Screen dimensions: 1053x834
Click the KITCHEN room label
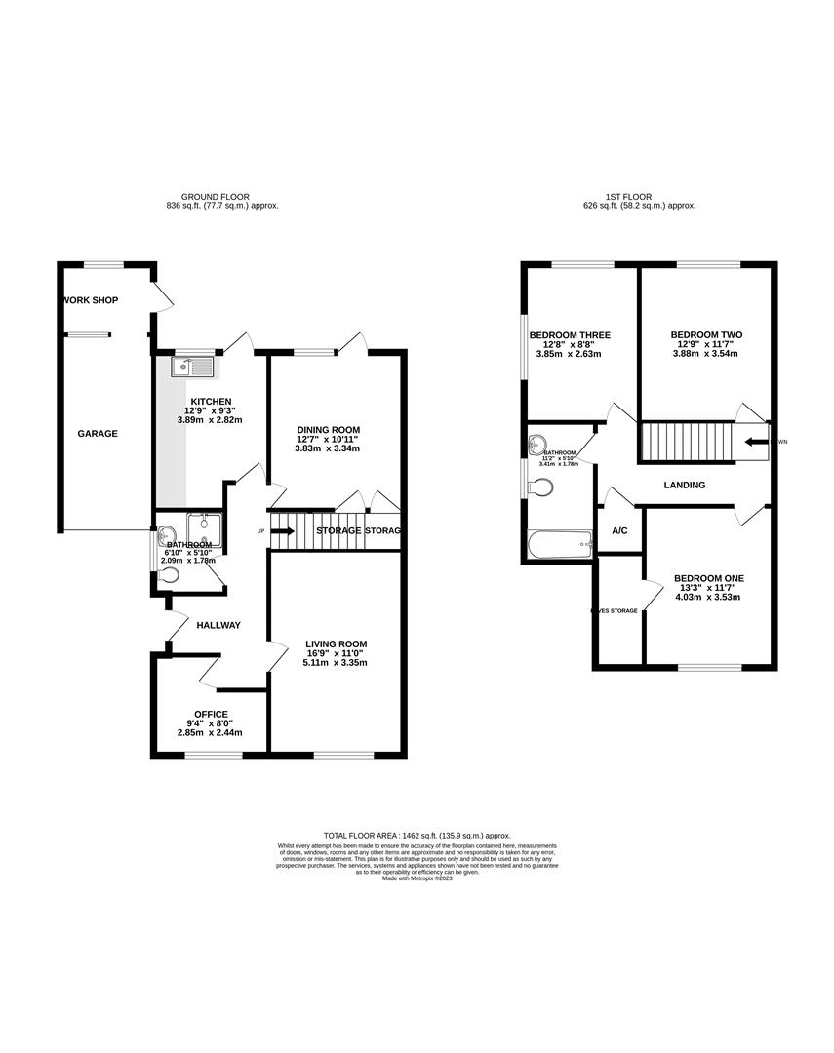point(211,401)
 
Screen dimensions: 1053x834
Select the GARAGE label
point(98,434)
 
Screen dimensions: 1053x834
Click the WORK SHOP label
point(89,299)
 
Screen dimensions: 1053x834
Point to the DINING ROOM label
point(329,429)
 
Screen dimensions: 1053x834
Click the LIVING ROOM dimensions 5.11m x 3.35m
point(336,663)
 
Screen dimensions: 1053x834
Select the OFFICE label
point(211,714)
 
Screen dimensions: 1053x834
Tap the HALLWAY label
point(218,625)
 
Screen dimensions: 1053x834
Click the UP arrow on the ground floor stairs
point(282,531)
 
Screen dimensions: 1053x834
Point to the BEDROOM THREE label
point(570,335)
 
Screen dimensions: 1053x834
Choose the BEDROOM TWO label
point(708,334)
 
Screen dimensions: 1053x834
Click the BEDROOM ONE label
point(711,578)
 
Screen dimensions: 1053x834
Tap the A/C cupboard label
point(618,531)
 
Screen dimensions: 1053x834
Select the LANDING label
point(684,485)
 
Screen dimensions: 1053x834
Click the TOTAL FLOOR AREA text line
point(417,836)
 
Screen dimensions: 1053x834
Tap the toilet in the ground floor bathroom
point(172,576)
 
